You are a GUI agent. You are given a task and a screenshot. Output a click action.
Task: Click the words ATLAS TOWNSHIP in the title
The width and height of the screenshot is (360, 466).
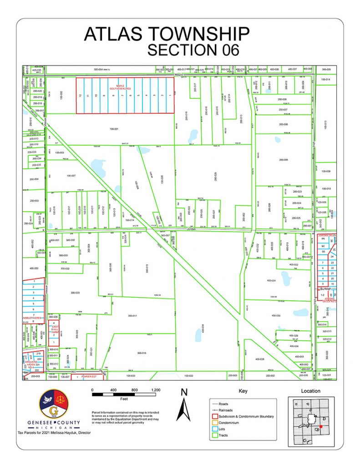167,35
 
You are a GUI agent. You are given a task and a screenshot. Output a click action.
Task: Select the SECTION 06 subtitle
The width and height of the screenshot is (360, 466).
193,50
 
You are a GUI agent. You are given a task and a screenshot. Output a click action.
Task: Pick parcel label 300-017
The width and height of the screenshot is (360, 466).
132,315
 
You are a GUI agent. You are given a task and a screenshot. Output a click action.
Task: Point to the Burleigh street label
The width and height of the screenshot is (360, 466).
325,288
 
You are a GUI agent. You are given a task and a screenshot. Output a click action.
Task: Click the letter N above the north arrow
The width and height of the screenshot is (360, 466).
184,392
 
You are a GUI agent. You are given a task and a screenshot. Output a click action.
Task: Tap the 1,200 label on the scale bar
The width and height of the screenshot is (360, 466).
156,390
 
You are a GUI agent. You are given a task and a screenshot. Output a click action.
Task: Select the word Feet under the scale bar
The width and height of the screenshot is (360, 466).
124,399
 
